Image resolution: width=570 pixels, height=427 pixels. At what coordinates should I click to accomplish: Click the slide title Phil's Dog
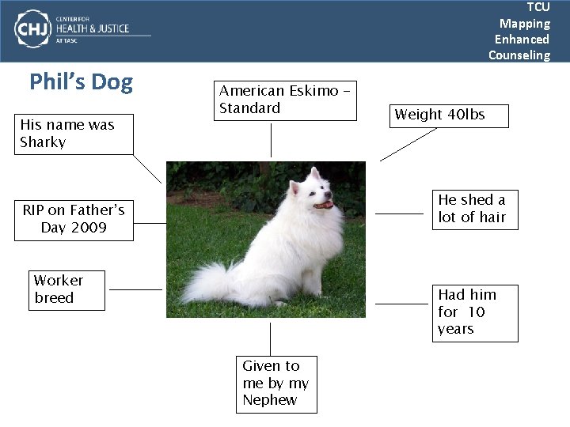coord(81,82)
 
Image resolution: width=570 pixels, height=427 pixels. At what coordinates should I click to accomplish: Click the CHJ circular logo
coord(32,29)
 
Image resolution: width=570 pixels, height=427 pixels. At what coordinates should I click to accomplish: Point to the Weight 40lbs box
coord(448,115)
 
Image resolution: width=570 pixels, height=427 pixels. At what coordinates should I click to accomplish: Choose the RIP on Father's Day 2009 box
coord(74,220)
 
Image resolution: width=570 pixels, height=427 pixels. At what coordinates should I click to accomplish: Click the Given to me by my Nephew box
coord(276,384)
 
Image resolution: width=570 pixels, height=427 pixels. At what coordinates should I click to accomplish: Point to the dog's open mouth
coord(324,205)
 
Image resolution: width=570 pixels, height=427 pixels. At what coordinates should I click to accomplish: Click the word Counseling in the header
coord(519,55)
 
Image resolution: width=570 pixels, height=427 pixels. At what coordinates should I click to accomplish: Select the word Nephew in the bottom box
coord(270,400)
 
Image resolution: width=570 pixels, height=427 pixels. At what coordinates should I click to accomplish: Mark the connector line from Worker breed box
coord(135,289)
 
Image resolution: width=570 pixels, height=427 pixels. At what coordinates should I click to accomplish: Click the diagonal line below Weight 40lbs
coord(408,145)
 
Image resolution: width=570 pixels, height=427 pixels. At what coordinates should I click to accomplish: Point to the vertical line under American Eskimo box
coord(272,140)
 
